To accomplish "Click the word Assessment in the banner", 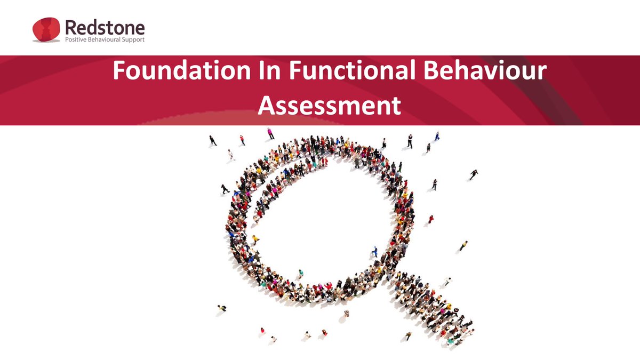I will tap(329, 105).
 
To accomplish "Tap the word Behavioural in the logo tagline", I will tap(109, 40).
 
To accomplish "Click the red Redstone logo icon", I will tap(46, 30).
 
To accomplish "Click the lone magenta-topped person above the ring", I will tap(270, 133).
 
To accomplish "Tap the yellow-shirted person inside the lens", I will tap(255, 239).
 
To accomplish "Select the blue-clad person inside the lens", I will tap(375, 251).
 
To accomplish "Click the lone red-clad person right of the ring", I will tap(431, 219).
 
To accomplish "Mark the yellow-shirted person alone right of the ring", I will tap(463, 246).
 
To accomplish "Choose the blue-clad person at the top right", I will tap(437, 136).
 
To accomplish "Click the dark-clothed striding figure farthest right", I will tap(474, 174).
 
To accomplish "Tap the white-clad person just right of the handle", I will tap(448, 281).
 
